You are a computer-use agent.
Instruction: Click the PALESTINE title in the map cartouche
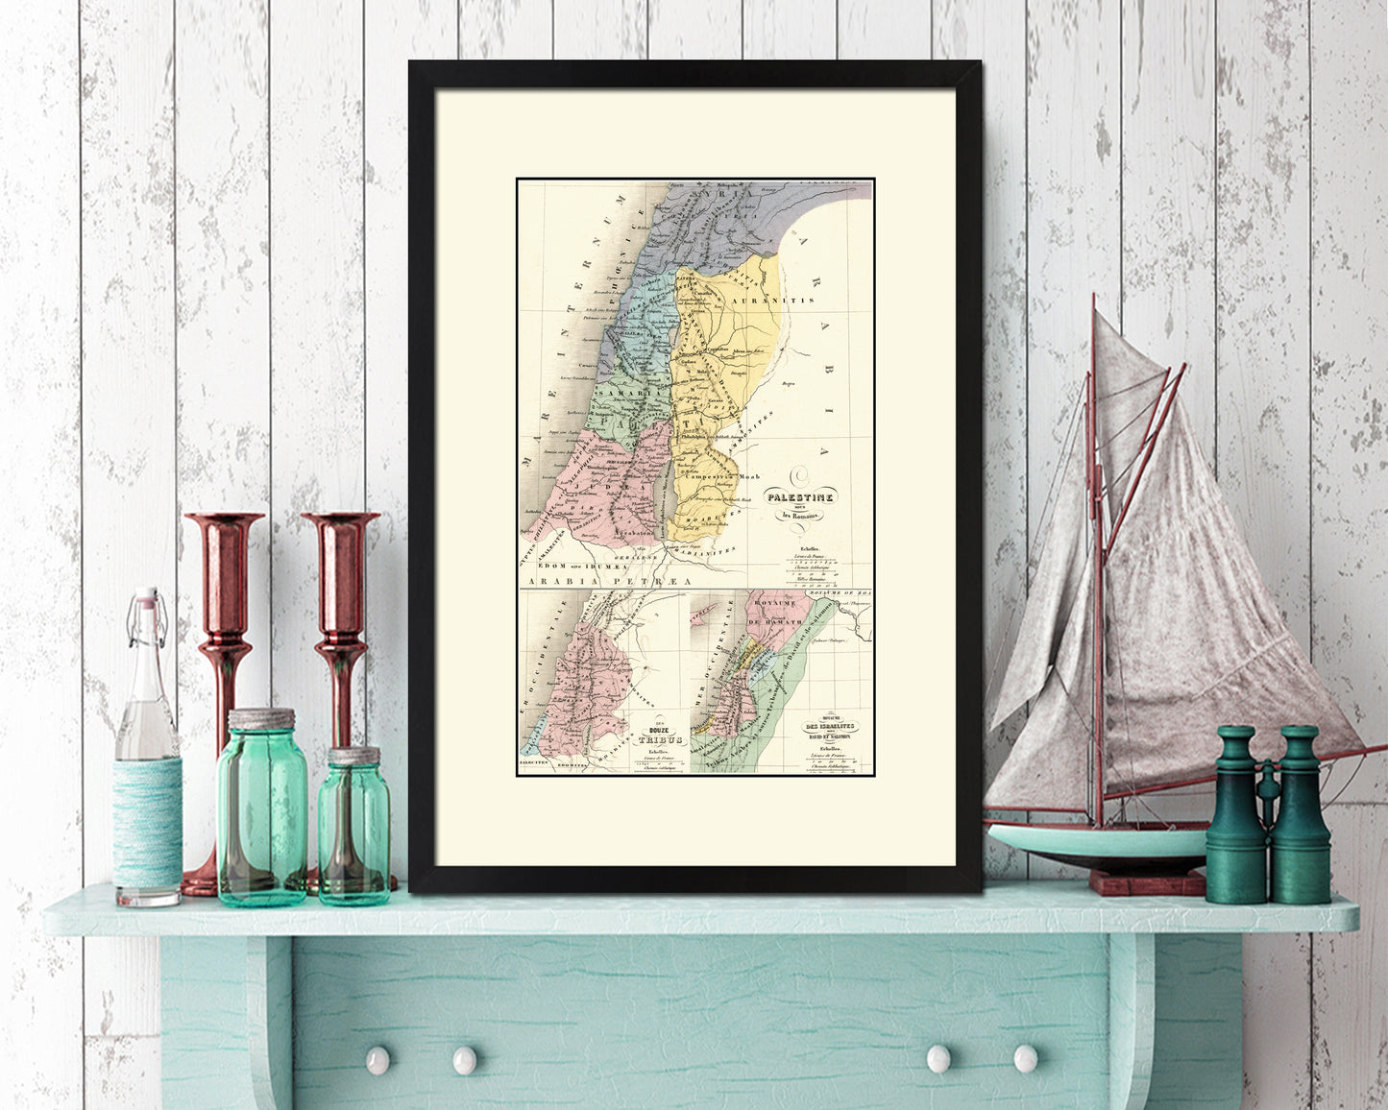(798, 496)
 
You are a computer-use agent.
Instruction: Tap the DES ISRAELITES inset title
(830, 726)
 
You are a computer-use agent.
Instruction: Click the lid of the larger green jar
(261, 719)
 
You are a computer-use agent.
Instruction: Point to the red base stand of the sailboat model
(1146, 881)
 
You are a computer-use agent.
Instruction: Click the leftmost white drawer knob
(377, 1059)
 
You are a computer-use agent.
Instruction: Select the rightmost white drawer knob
(1026, 1058)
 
